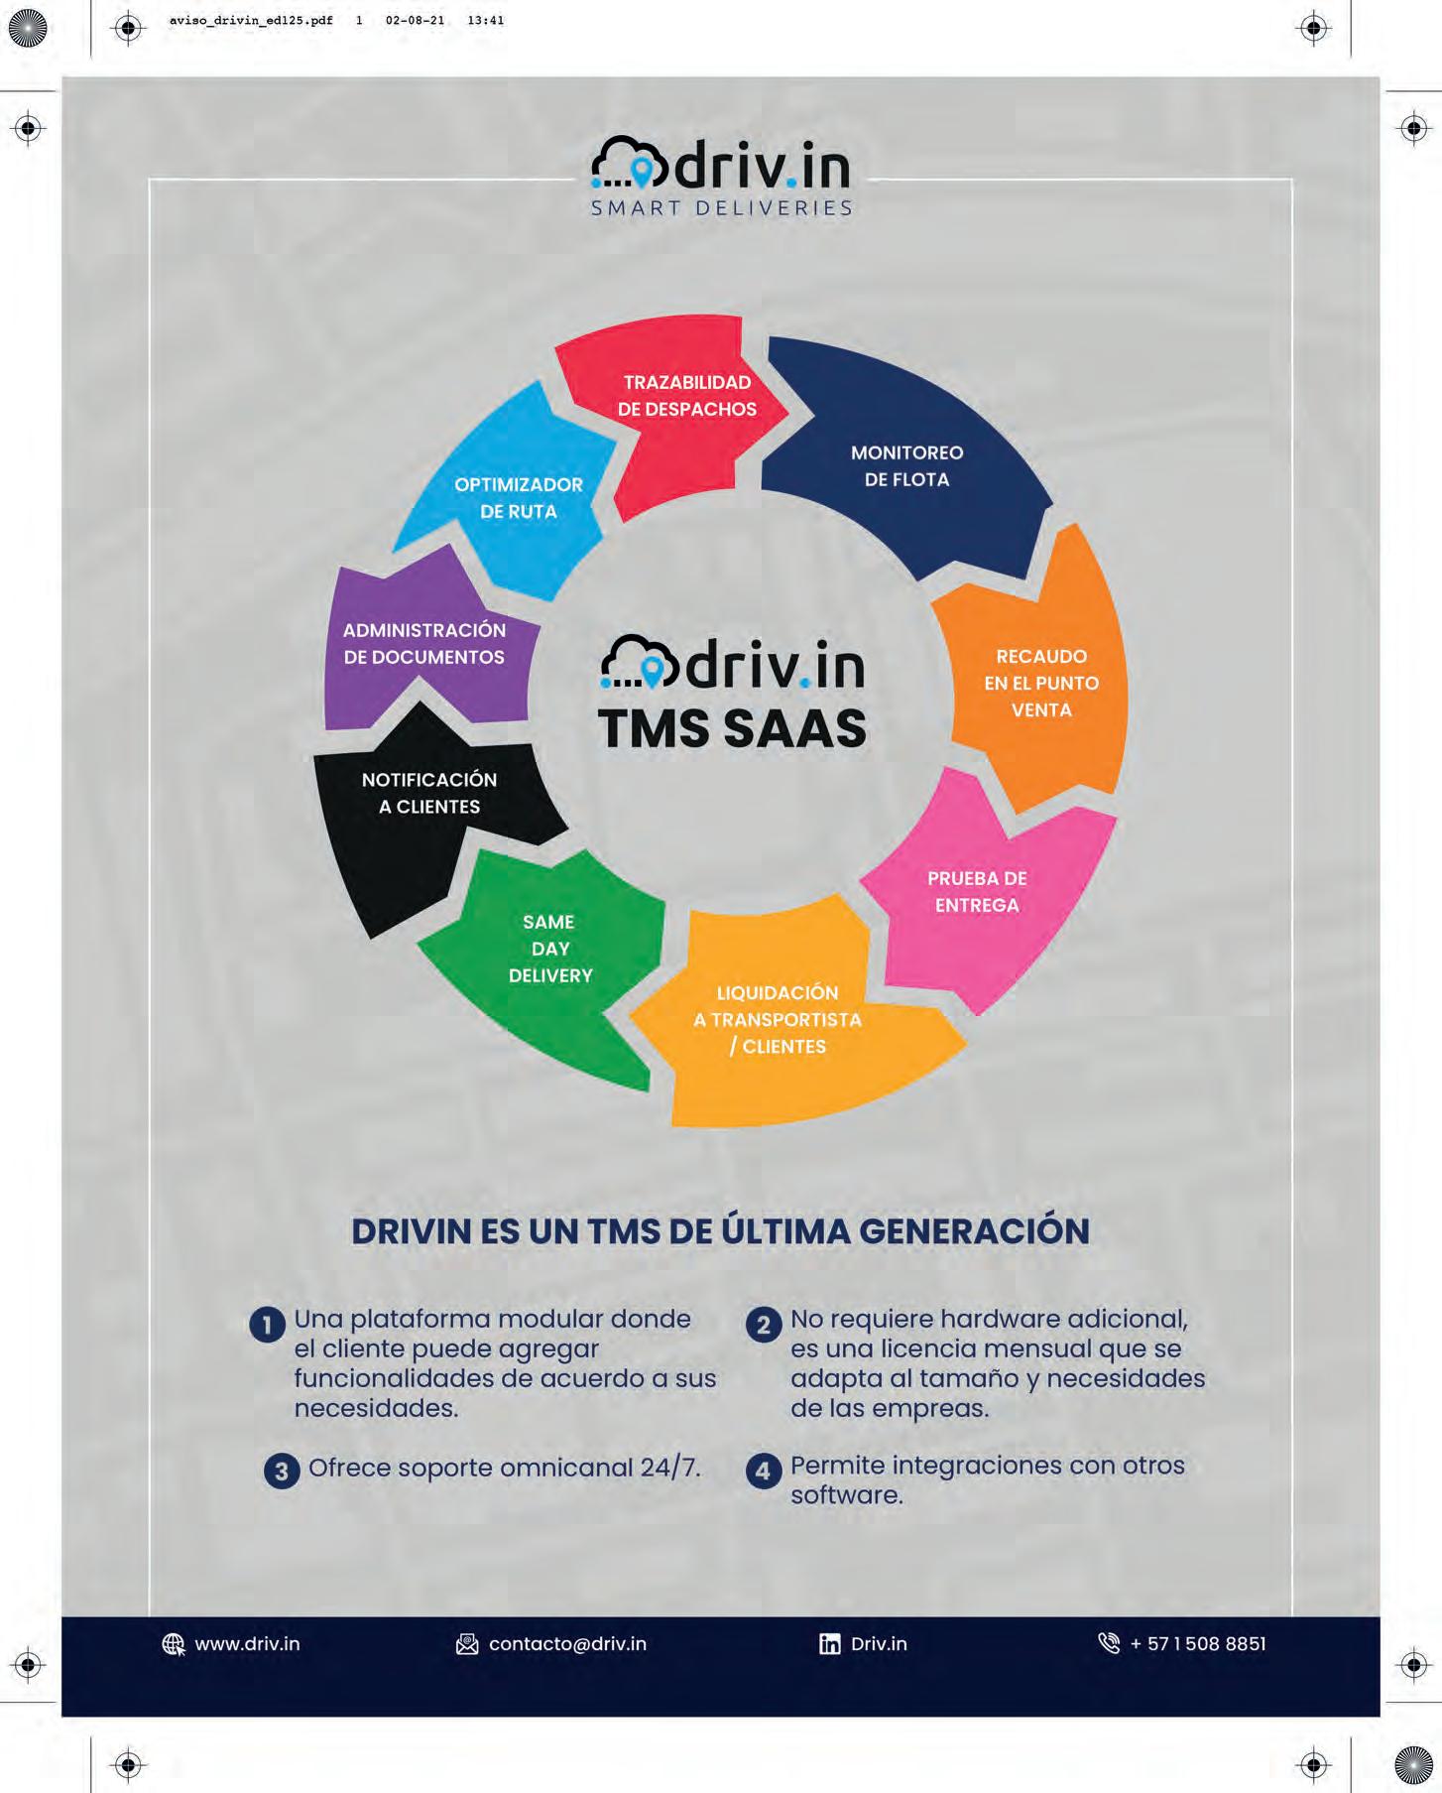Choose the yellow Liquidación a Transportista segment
(x=783, y=1022)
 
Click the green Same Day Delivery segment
(x=550, y=953)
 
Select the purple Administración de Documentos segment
(x=426, y=645)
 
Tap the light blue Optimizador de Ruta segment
(x=516, y=496)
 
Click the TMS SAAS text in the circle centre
(x=732, y=728)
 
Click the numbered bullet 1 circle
(x=267, y=1325)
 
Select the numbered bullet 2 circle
(x=763, y=1325)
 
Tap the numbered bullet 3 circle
(x=282, y=1471)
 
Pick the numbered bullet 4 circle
(x=763, y=1471)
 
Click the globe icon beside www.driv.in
(x=174, y=1644)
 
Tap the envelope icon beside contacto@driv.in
(x=466, y=1644)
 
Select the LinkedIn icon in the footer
(x=829, y=1644)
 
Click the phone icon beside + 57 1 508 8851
(x=1109, y=1643)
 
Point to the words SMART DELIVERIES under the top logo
(x=722, y=208)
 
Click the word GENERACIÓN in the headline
(x=974, y=1230)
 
